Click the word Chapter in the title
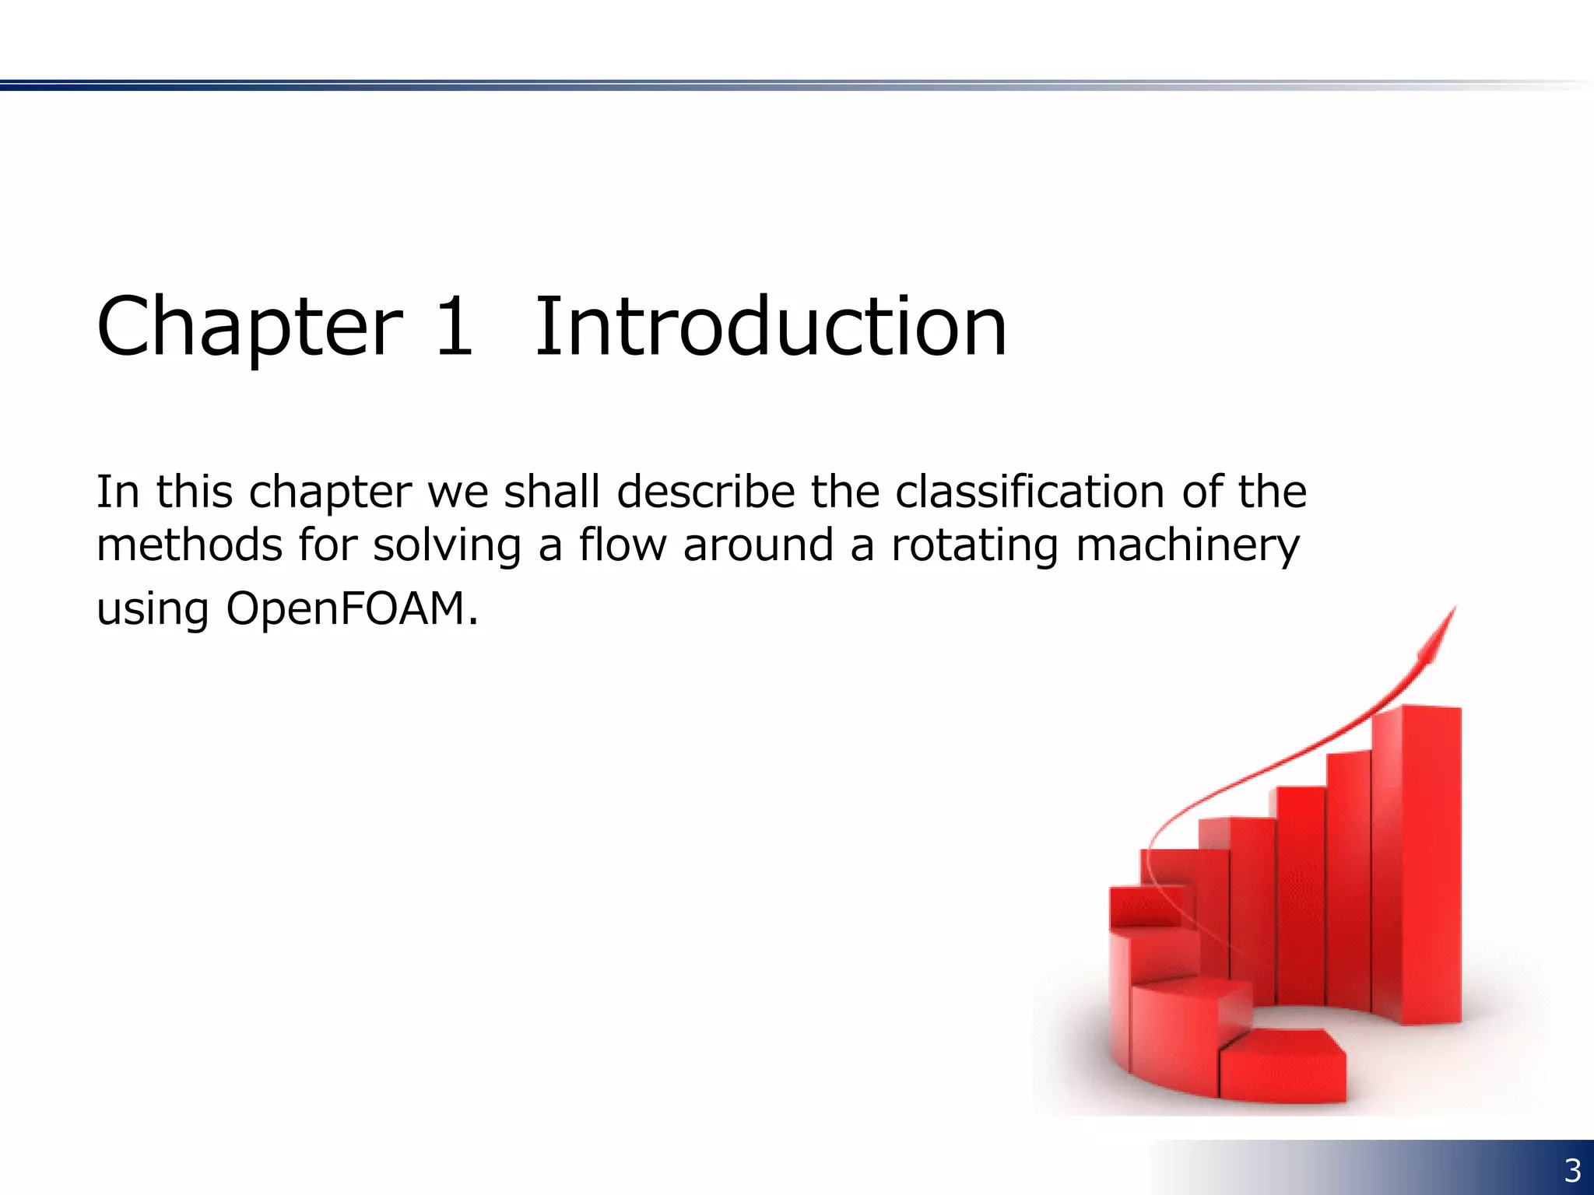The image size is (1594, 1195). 250,327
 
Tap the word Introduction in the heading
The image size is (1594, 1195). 771,327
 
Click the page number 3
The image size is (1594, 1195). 1572,1170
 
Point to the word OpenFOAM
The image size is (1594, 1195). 352,608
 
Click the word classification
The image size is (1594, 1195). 1029,492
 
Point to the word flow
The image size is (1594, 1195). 623,545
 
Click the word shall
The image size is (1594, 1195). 552,492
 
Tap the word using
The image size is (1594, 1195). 153,610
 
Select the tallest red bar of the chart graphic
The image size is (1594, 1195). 1417,864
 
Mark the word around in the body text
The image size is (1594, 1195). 758,545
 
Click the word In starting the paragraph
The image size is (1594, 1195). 118,492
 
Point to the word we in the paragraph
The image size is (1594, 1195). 458,493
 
